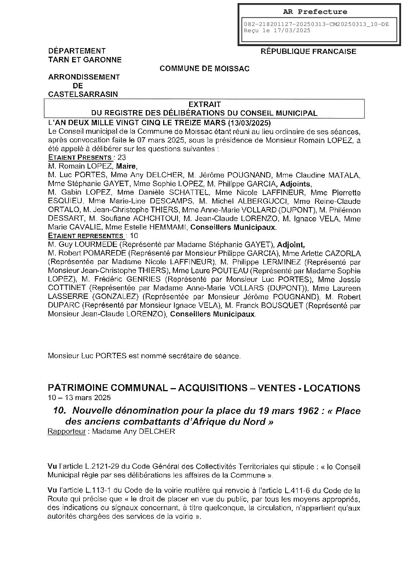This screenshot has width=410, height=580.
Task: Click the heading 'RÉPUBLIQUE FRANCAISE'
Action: click(308, 51)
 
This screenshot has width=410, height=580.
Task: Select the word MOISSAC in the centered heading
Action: click(233, 69)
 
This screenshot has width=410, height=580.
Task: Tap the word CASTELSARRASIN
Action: click(83, 94)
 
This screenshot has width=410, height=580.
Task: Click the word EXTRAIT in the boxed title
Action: click(204, 104)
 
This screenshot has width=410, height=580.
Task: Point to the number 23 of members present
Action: click(122, 157)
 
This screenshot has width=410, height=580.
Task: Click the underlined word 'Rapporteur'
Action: click(66, 432)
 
